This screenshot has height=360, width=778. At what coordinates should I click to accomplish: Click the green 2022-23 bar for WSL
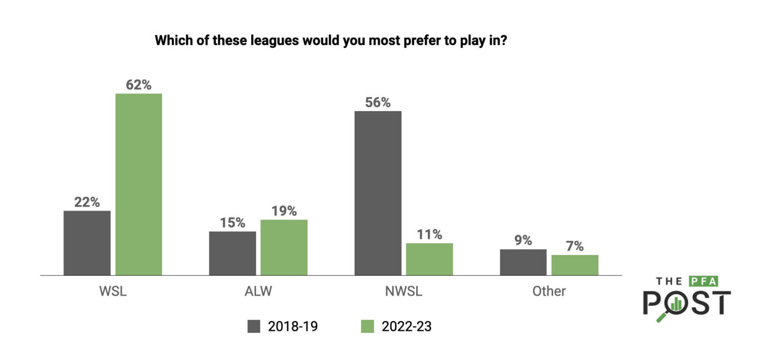[x=138, y=184]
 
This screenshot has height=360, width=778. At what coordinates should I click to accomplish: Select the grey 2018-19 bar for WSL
[x=87, y=243]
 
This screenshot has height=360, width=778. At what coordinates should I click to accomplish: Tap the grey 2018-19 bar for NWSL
[x=378, y=193]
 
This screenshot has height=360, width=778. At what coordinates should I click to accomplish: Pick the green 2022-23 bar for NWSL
[x=429, y=259]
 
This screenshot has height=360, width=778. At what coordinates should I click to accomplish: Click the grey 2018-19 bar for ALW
[x=232, y=253]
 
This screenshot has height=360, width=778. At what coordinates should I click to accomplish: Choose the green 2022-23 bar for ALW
[x=284, y=247]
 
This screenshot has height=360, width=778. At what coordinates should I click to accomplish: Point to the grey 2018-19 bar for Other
[x=523, y=262]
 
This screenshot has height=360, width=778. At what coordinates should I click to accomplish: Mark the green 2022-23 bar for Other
[x=575, y=265]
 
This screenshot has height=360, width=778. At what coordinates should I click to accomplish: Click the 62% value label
[x=138, y=85]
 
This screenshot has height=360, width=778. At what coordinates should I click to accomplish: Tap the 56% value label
[x=378, y=103]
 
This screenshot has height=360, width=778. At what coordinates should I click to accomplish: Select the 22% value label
[x=87, y=202]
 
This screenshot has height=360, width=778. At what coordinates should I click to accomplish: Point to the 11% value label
[x=429, y=234]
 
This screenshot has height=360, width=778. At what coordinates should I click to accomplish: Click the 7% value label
[x=575, y=246]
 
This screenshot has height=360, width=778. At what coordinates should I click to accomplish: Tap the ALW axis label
[x=258, y=291]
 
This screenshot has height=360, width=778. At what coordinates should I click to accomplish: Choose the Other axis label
[x=548, y=291]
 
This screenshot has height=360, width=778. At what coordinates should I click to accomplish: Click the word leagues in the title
[x=271, y=41]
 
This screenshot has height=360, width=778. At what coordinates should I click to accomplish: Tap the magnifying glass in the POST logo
[x=672, y=307]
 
